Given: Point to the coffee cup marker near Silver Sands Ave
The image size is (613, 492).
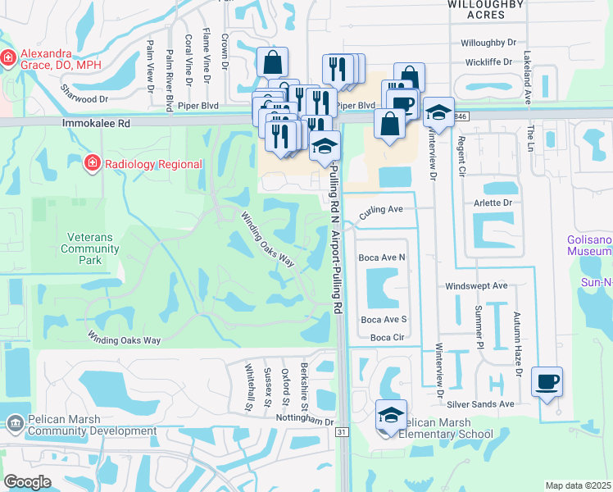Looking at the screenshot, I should (x=547, y=382).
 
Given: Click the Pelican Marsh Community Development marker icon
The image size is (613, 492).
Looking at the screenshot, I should (x=14, y=424).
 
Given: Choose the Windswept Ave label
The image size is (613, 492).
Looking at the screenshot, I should (x=476, y=286).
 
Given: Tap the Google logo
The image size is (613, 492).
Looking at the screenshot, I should (x=27, y=481).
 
